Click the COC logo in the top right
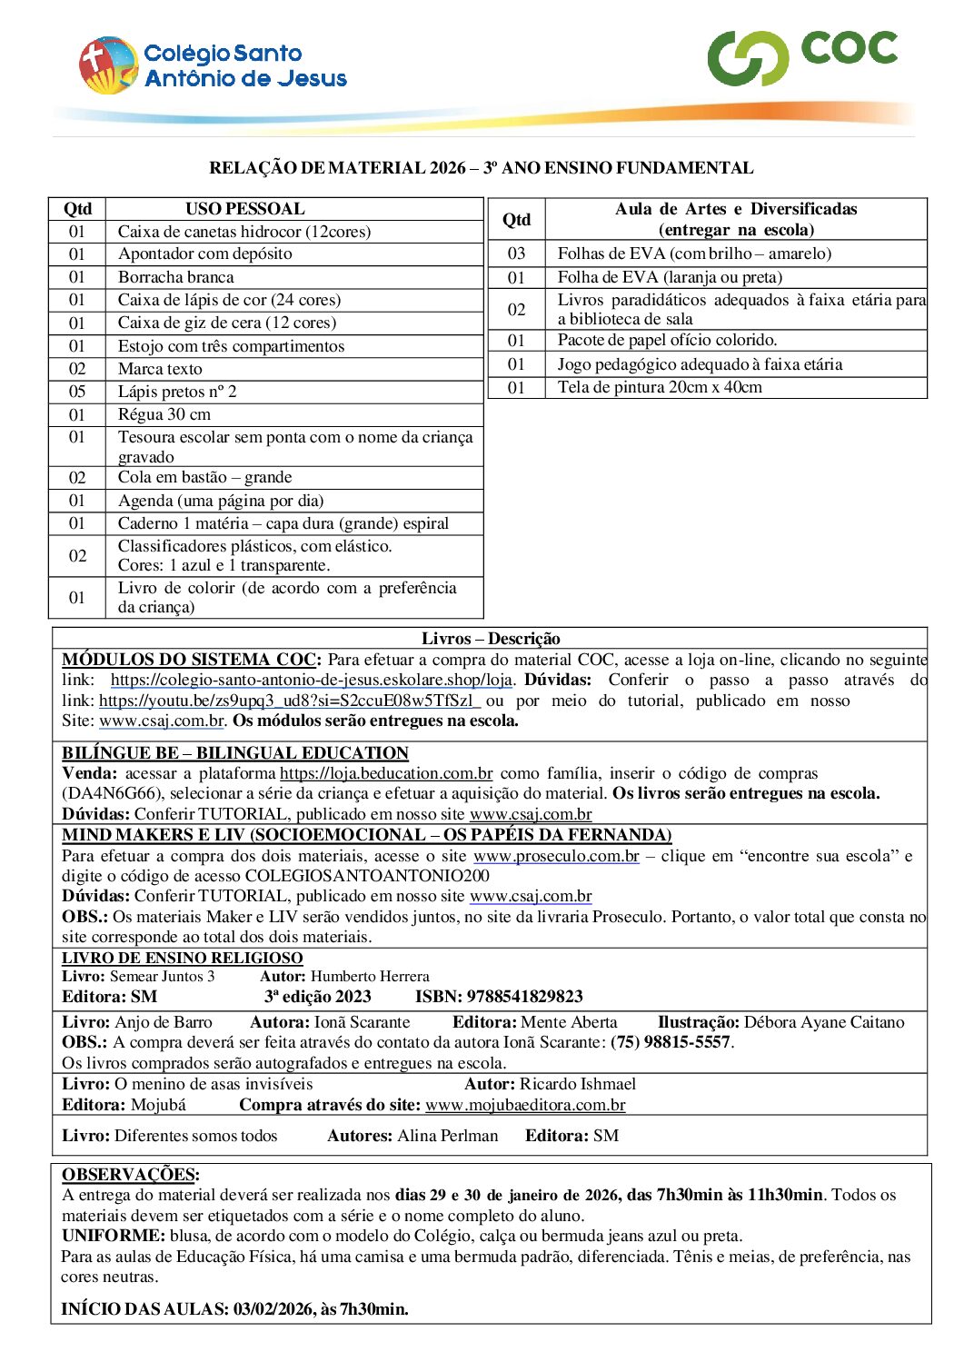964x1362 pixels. pos(802,56)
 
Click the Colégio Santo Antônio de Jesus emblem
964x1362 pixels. pos(107,65)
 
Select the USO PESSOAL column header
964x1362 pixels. pos(245,209)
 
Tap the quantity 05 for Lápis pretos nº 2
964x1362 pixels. pos(77,392)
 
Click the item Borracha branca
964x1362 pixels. pos(175,277)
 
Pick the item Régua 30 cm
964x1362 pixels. pos(164,414)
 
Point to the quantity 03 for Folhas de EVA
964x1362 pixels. pos(516,254)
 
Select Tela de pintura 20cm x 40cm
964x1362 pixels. pos(660,387)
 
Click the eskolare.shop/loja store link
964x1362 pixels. pos(312,680)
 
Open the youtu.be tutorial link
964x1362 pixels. pos(288,701)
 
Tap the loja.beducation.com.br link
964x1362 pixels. pos(386,773)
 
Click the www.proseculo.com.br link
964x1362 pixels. pos(556,856)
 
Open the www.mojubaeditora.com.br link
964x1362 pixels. pos(525,1105)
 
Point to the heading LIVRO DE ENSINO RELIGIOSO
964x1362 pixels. pos(182,958)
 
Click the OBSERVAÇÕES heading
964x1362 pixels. pos(130,1175)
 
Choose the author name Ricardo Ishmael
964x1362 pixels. pos(577,1084)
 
